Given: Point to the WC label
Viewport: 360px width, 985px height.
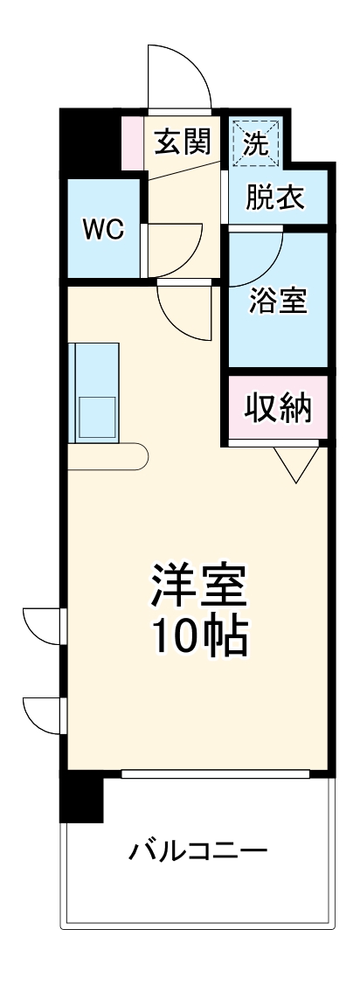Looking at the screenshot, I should pos(103,230).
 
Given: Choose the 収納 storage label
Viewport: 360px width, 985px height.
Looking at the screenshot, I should pos(278,407).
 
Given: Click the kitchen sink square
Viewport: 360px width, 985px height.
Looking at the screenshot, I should pos(97,413).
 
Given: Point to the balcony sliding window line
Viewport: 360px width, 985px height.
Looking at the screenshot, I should pos(215,773).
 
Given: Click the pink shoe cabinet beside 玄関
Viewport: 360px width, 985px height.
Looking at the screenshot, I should pos(133,142).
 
